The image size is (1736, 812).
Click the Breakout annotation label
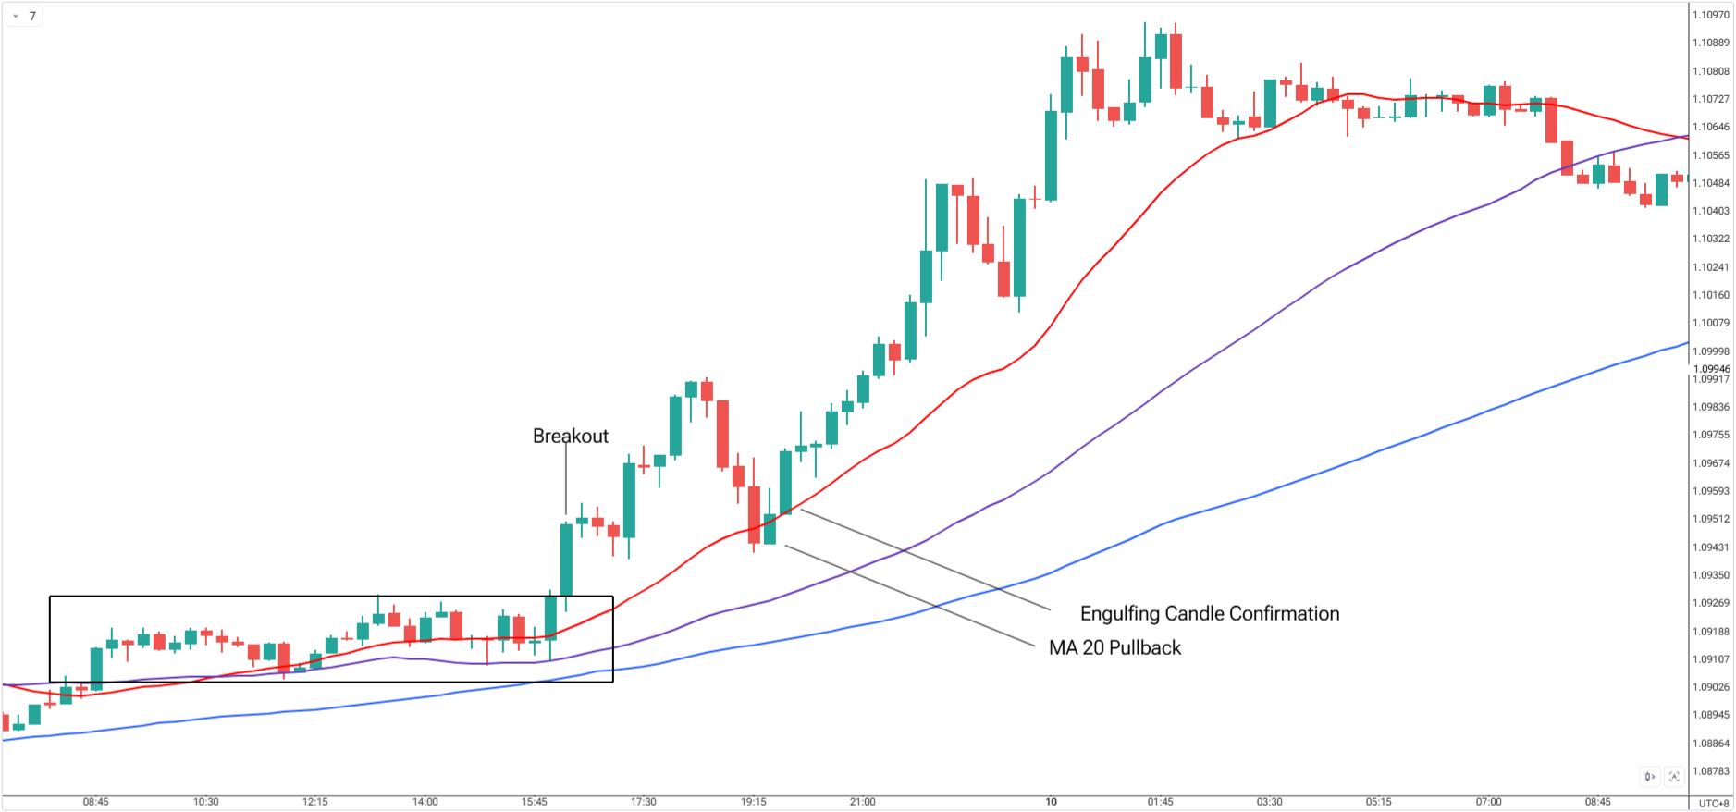click(x=570, y=436)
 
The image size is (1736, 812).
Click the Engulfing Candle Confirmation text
click(x=1209, y=613)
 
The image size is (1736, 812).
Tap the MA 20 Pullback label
click(x=1114, y=647)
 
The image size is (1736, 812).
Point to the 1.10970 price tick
click(x=1710, y=15)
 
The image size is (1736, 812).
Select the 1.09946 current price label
click(x=1711, y=369)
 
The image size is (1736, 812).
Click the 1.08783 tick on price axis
click(x=1710, y=771)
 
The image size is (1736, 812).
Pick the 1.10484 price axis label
click(x=1710, y=183)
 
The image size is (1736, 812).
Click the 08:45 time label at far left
click(x=95, y=802)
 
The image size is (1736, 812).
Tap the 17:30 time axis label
click(x=643, y=802)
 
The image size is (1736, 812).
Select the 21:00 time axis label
click(x=862, y=802)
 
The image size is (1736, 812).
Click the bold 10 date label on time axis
click(x=1051, y=802)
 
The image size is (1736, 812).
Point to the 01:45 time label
click(x=1160, y=802)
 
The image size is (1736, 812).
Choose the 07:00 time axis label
click(x=1488, y=802)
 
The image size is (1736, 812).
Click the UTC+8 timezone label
click(x=1713, y=803)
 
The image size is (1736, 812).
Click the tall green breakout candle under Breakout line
click(x=566, y=560)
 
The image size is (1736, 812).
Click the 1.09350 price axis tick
click(x=1710, y=575)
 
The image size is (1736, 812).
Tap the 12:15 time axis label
click(x=314, y=802)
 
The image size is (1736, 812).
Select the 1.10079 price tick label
click(x=1710, y=323)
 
